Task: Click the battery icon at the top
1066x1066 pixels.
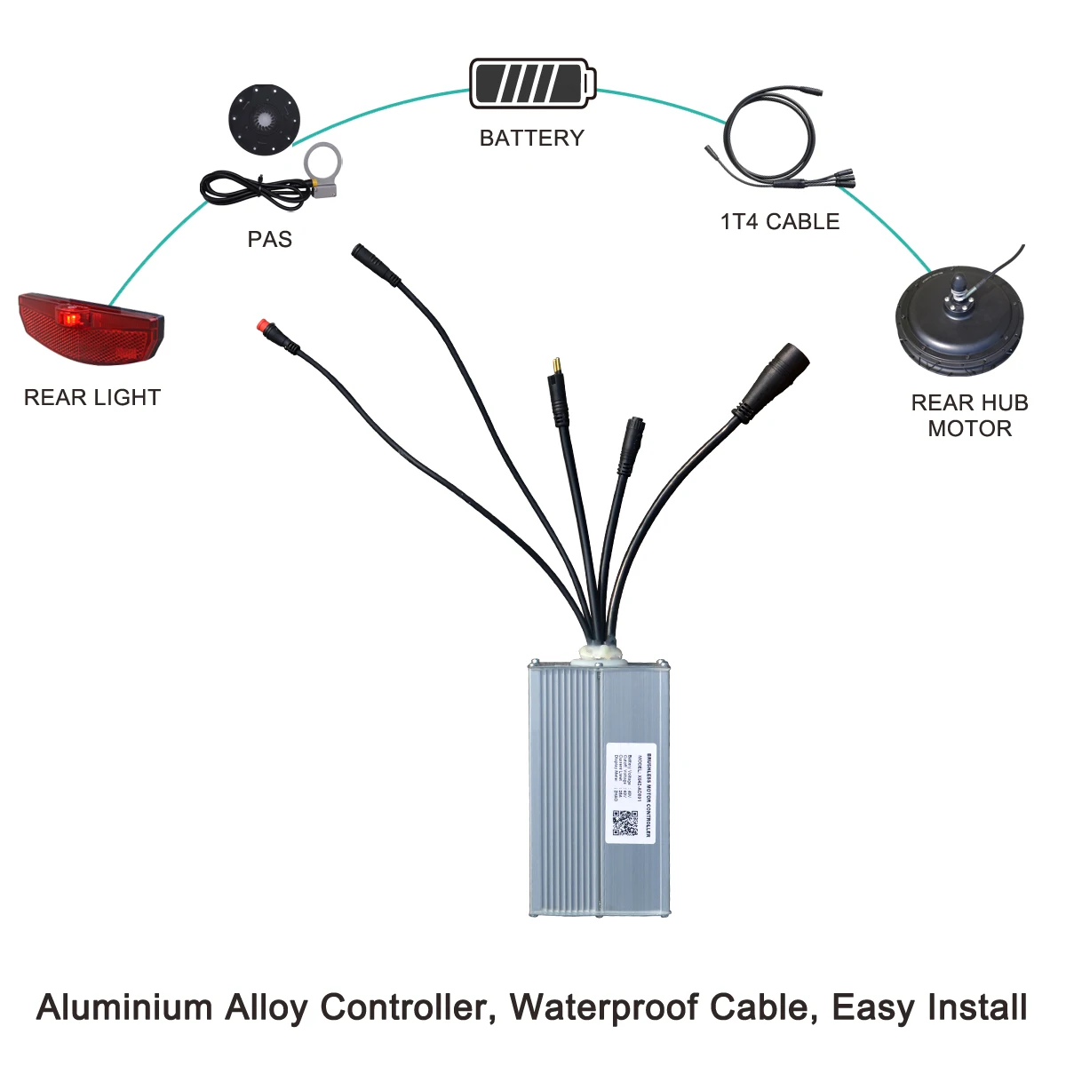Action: coord(530,84)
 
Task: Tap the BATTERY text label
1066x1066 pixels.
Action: coord(531,139)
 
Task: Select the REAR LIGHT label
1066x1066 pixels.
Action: coord(91,398)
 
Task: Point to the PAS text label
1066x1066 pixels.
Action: coord(269,240)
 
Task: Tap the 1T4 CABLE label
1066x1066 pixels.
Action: coord(779,222)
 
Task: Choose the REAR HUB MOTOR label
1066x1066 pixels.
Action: coord(969,416)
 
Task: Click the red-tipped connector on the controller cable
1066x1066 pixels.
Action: coord(264,325)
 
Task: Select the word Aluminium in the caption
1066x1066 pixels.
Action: coord(123,1008)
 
